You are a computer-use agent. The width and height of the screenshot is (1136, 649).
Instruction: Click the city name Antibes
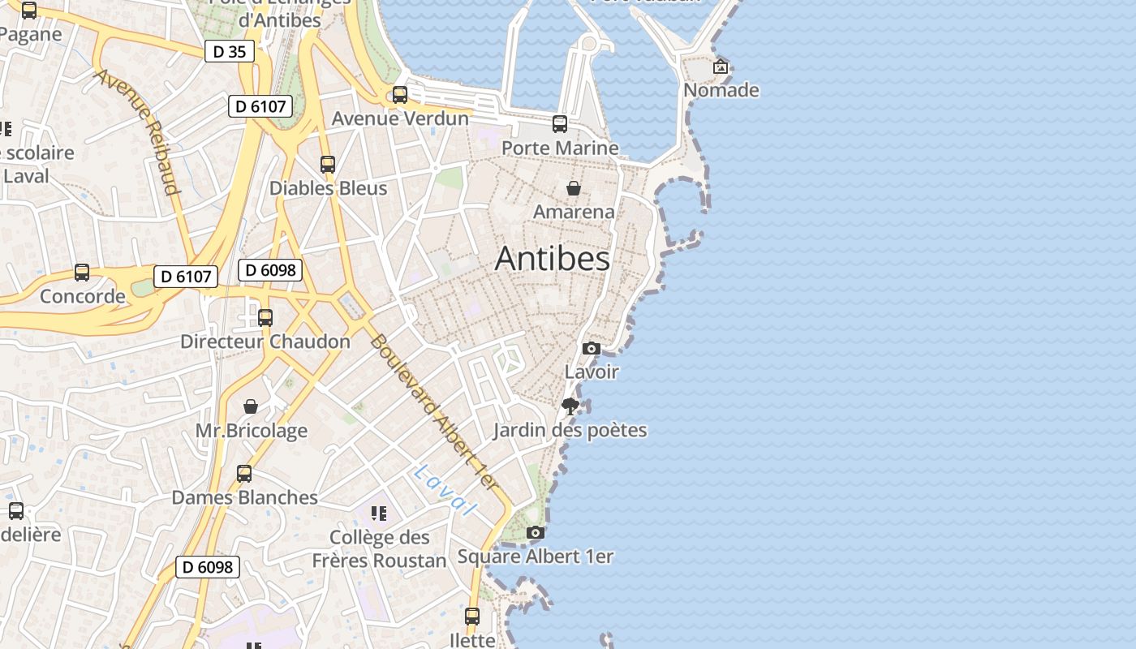[552, 258]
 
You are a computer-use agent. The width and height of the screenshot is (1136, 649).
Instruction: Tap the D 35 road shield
[230, 52]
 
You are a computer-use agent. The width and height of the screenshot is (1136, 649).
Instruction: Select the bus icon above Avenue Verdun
[399, 95]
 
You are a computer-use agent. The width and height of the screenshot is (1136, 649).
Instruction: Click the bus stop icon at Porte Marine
[560, 124]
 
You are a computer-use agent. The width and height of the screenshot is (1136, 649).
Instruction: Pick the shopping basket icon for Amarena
[574, 188]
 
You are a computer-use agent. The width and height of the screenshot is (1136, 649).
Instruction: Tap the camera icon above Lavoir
[592, 349]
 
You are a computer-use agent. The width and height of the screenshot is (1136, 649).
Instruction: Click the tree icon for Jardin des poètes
[570, 406]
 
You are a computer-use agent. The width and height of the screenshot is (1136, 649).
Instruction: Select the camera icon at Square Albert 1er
[536, 533]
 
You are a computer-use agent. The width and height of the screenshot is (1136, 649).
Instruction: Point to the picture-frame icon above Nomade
[721, 67]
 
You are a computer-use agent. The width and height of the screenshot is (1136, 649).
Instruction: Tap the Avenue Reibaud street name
[137, 131]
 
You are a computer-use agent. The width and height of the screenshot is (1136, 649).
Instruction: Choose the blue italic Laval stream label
[443, 489]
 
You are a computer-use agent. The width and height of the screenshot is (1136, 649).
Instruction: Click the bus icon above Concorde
[82, 273]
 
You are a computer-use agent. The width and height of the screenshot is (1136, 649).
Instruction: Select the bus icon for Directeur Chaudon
[265, 318]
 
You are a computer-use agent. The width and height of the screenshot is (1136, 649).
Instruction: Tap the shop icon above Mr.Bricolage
[251, 406]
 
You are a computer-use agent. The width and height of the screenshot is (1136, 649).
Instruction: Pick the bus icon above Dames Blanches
[244, 474]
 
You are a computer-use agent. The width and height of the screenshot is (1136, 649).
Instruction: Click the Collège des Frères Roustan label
[380, 549]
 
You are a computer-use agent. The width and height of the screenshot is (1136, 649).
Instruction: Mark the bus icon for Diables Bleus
[328, 165]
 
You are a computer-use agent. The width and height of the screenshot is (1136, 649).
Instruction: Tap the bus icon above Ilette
[472, 617]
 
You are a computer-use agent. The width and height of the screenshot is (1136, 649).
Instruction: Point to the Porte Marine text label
[560, 148]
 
